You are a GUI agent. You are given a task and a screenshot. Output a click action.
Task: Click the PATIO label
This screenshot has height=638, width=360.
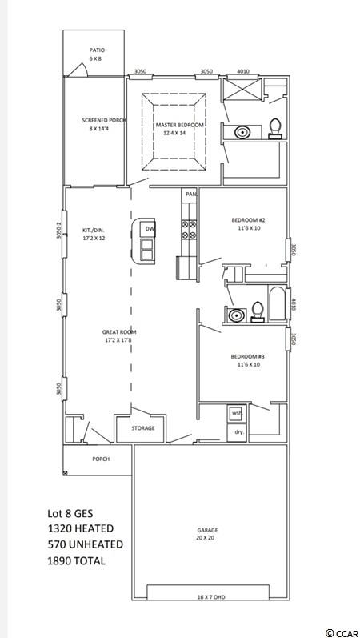tap(97, 50)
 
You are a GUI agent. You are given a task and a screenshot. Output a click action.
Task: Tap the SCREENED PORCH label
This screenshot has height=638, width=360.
tap(103, 120)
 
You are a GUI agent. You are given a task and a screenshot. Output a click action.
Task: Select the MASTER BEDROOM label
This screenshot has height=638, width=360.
tap(179, 125)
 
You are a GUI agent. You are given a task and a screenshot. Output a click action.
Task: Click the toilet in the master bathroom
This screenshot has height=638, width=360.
tap(275, 128)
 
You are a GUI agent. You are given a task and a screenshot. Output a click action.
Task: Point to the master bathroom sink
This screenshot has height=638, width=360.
tap(242, 132)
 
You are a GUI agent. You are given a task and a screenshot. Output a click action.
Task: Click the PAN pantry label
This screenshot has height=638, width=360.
tap(190, 195)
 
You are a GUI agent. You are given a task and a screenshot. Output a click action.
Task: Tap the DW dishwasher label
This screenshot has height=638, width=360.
tap(150, 229)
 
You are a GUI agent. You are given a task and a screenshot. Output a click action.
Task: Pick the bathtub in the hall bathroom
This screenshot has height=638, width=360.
tap(277, 303)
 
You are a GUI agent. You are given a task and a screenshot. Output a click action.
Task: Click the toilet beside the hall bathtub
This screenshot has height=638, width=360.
tap(257, 311)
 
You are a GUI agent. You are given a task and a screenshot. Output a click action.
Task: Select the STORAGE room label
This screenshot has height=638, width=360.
tap(142, 428)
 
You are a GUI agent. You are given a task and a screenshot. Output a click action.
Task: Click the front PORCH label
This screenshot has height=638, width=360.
tap(101, 459)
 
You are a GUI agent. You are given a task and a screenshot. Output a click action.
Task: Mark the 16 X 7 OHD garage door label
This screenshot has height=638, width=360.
tap(211, 597)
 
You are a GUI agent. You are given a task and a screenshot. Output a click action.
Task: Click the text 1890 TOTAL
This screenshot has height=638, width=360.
tap(77, 560)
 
